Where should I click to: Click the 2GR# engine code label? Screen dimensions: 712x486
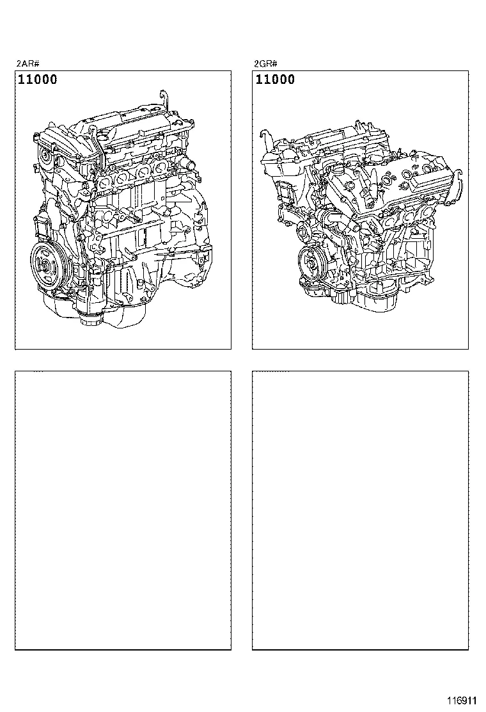[x=265, y=64]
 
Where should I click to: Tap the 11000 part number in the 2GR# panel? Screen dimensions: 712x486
[x=276, y=80]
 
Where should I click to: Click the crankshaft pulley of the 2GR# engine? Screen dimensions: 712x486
[x=315, y=263]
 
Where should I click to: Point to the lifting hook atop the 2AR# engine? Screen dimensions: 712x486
[x=165, y=98]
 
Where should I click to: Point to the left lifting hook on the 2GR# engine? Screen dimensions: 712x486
[x=263, y=136]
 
